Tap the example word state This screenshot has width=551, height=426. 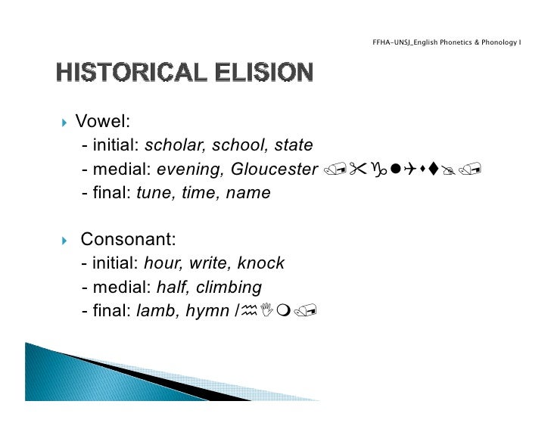(293, 145)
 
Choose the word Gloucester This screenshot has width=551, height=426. (272, 169)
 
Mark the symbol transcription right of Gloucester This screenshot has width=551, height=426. (401, 170)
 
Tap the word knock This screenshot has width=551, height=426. (261, 263)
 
